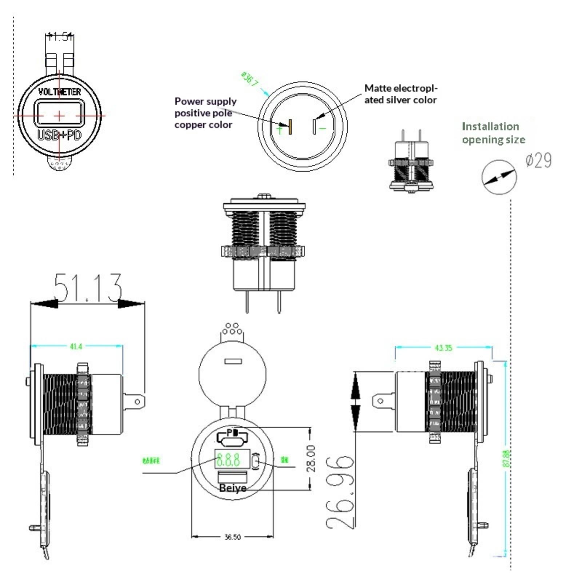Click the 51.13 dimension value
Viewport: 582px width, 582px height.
[87, 288]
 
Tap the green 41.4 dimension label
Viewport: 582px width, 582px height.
[76, 347]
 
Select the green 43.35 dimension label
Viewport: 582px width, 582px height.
[443, 348]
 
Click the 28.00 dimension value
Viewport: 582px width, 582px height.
[311, 459]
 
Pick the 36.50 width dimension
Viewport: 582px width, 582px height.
[232, 537]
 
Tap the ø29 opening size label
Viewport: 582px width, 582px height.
[538, 160]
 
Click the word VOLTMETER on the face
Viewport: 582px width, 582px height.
[60, 92]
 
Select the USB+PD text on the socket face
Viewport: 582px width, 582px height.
[60, 135]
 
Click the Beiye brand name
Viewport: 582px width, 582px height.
[233, 488]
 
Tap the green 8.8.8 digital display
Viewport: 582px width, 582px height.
[228, 460]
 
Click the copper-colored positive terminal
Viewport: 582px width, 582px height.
[290, 127]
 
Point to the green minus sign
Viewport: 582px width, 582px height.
[322, 128]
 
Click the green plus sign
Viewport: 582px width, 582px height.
[279, 129]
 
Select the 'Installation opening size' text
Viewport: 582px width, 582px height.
[493, 133]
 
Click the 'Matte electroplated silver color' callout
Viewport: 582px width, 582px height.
[400, 94]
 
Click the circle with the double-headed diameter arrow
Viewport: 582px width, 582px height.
[499, 177]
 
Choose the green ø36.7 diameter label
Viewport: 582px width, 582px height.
[250, 79]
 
